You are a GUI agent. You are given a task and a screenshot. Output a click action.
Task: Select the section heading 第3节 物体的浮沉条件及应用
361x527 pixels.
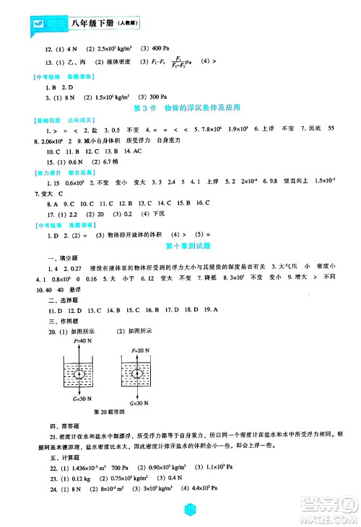pos(180,108)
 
